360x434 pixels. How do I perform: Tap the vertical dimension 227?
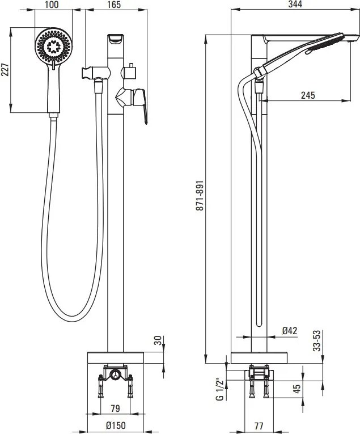(6, 69)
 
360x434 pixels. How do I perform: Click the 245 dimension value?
(307, 95)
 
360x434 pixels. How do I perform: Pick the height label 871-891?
(199, 196)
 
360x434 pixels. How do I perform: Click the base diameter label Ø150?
(115, 425)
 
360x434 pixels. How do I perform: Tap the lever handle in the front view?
(140, 103)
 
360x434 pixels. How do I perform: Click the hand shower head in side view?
(325, 45)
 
